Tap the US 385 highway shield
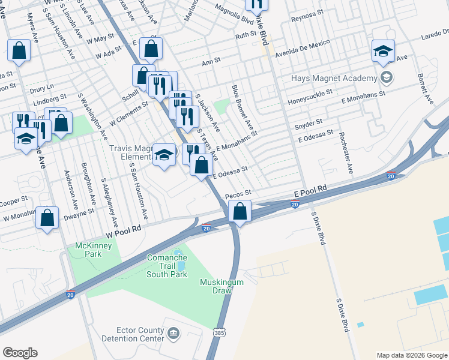click(x=219, y=332)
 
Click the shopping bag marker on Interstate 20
click(x=240, y=212)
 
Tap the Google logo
click(x=20, y=353)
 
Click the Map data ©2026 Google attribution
click(x=411, y=355)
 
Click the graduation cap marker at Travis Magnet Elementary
click(x=164, y=155)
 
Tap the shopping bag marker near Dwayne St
click(x=47, y=218)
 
